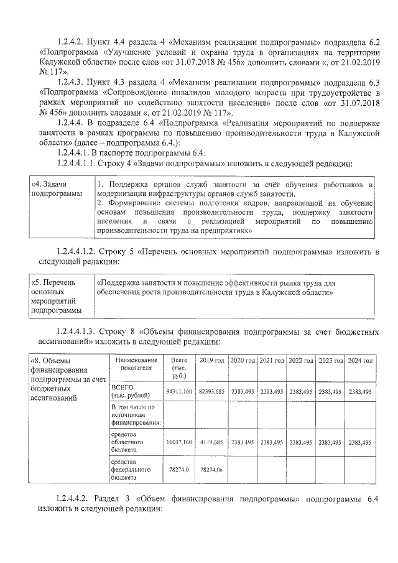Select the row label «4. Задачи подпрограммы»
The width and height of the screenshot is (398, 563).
click(57, 190)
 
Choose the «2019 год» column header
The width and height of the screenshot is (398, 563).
click(211, 361)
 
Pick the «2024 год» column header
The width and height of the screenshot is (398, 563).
click(361, 361)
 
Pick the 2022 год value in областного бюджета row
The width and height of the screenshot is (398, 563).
click(301, 442)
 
